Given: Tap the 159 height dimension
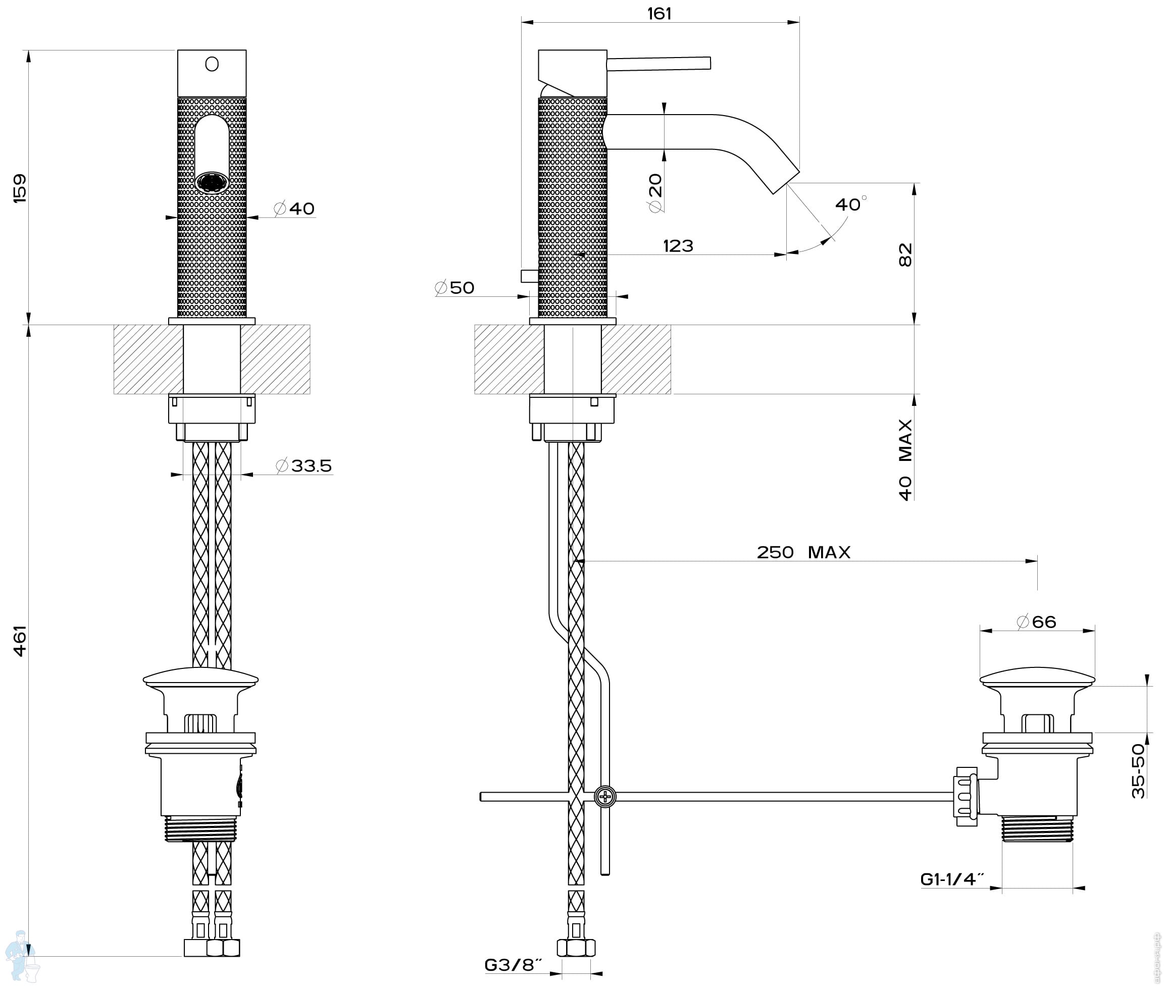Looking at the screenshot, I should [20, 188].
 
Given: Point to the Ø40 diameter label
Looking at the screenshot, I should [294, 209].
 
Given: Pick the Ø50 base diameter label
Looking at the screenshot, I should [454, 288].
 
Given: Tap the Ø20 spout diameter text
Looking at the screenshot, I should [655, 193].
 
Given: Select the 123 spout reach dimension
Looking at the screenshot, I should [678, 246].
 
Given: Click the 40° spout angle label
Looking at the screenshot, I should [850, 204].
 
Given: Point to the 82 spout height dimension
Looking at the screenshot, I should [905, 254].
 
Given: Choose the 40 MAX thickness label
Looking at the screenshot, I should [905, 459].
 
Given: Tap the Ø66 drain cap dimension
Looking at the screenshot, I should [1037, 621].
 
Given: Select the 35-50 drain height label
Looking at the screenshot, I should [1139, 771].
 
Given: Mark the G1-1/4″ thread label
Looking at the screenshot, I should [952, 879].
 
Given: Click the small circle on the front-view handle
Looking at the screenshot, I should [212, 65].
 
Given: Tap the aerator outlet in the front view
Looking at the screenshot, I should [212, 183].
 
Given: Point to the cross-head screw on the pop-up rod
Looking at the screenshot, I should [605, 797].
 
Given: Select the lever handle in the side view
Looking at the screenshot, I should [659, 63].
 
